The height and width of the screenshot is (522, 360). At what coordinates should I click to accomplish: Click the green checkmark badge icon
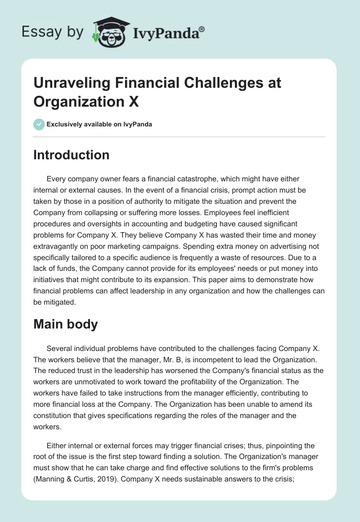tap(39, 124)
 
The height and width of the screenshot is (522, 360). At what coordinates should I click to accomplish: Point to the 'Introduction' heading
tap(72, 155)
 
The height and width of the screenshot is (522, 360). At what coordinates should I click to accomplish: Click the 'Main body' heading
tap(66, 324)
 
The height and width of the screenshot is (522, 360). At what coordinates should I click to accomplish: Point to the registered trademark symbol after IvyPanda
tap(202, 29)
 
